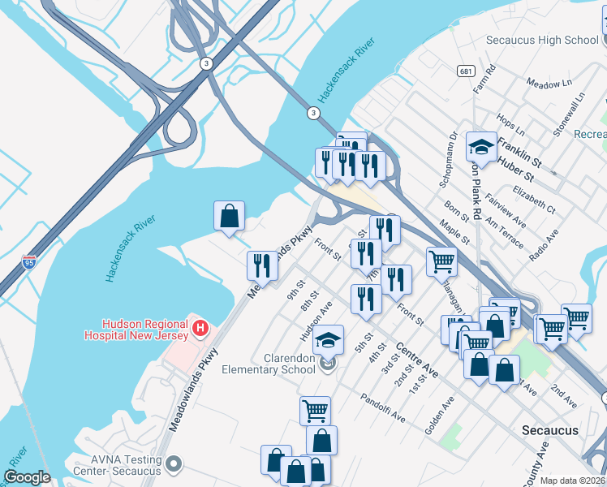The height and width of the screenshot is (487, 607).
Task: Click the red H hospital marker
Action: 200,329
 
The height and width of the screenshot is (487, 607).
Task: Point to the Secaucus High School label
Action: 541,40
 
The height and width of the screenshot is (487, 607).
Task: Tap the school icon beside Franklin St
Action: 481,147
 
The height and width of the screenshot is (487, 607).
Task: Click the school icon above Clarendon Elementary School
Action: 329,338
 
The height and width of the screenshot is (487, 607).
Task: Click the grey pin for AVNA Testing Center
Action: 173,463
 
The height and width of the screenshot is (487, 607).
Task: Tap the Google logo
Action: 28,477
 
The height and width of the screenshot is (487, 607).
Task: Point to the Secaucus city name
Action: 550,430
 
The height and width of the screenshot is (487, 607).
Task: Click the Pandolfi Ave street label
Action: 382,409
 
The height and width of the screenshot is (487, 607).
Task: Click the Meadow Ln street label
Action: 548,84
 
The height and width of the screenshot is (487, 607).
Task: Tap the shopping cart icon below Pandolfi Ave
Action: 315,409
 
